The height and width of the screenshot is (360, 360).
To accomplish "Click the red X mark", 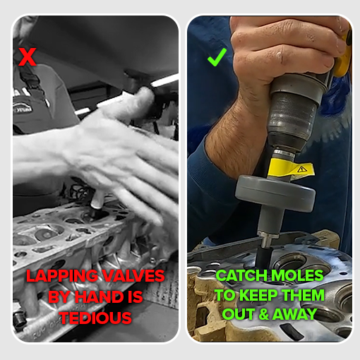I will click(27, 56).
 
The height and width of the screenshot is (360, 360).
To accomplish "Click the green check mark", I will click(215, 57).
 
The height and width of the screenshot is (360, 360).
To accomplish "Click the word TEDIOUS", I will click(95, 318).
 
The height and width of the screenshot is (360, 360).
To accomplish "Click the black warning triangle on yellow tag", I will click(302, 169).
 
